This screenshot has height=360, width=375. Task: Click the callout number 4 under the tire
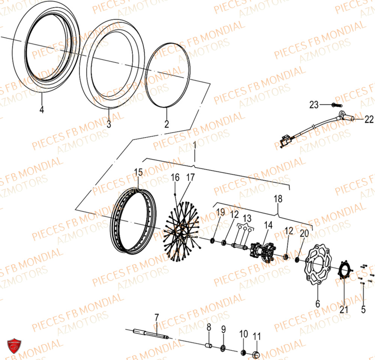click(42, 110)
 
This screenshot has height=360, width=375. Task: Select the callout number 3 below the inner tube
click(109, 124)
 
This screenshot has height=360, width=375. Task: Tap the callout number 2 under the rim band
click(166, 123)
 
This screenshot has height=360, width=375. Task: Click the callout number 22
click(369, 119)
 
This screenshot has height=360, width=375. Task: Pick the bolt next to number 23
click(335, 105)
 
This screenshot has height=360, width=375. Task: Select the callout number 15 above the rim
click(138, 173)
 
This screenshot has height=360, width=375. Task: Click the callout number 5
click(363, 309)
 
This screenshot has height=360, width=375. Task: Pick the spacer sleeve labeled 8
click(210, 344)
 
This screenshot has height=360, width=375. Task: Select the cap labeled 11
click(257, 354)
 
